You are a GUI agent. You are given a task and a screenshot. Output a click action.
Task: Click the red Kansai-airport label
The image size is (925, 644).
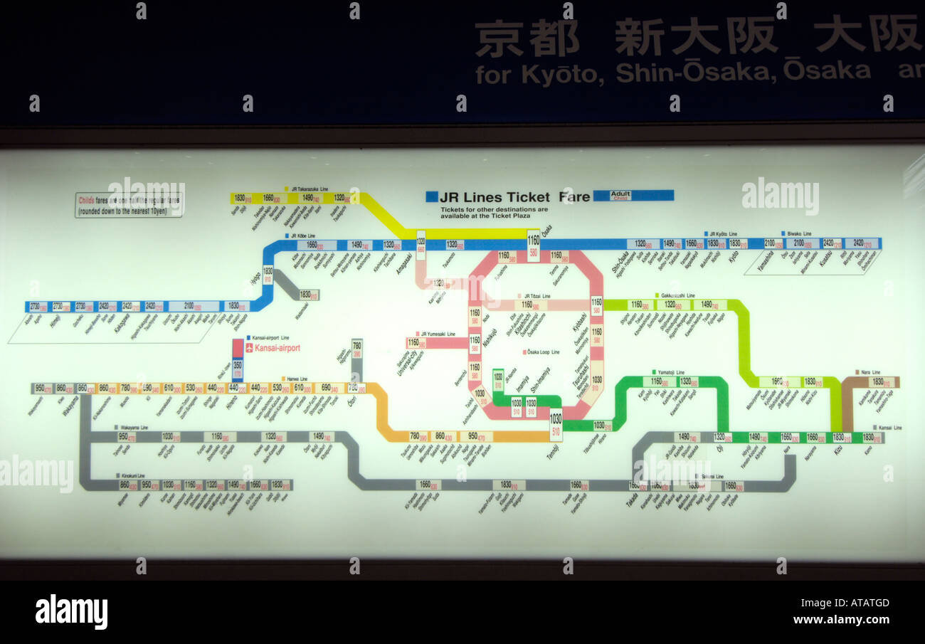pos(277,348)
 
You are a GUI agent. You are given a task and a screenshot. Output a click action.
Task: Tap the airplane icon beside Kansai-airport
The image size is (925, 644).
pos(249,348)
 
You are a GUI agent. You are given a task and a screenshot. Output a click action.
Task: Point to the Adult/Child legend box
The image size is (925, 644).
pos(611,195)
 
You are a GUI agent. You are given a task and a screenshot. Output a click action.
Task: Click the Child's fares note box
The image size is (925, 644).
pos(129,205)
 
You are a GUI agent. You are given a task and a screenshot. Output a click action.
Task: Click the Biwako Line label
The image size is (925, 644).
pos(795,233)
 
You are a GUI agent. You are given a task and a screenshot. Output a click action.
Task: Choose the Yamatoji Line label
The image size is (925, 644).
pos(670,372)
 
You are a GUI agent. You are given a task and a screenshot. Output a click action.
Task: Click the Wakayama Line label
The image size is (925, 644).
pos(134,428)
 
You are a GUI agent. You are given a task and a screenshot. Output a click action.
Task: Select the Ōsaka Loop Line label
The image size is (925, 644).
pos(543,352)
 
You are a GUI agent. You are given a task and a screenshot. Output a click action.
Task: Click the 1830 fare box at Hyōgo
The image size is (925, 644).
pos(268,274)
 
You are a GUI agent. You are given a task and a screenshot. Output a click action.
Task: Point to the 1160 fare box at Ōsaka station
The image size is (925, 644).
pos(533,245)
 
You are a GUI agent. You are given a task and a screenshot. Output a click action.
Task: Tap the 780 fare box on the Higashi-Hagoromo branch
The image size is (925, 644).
pos(357,349)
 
